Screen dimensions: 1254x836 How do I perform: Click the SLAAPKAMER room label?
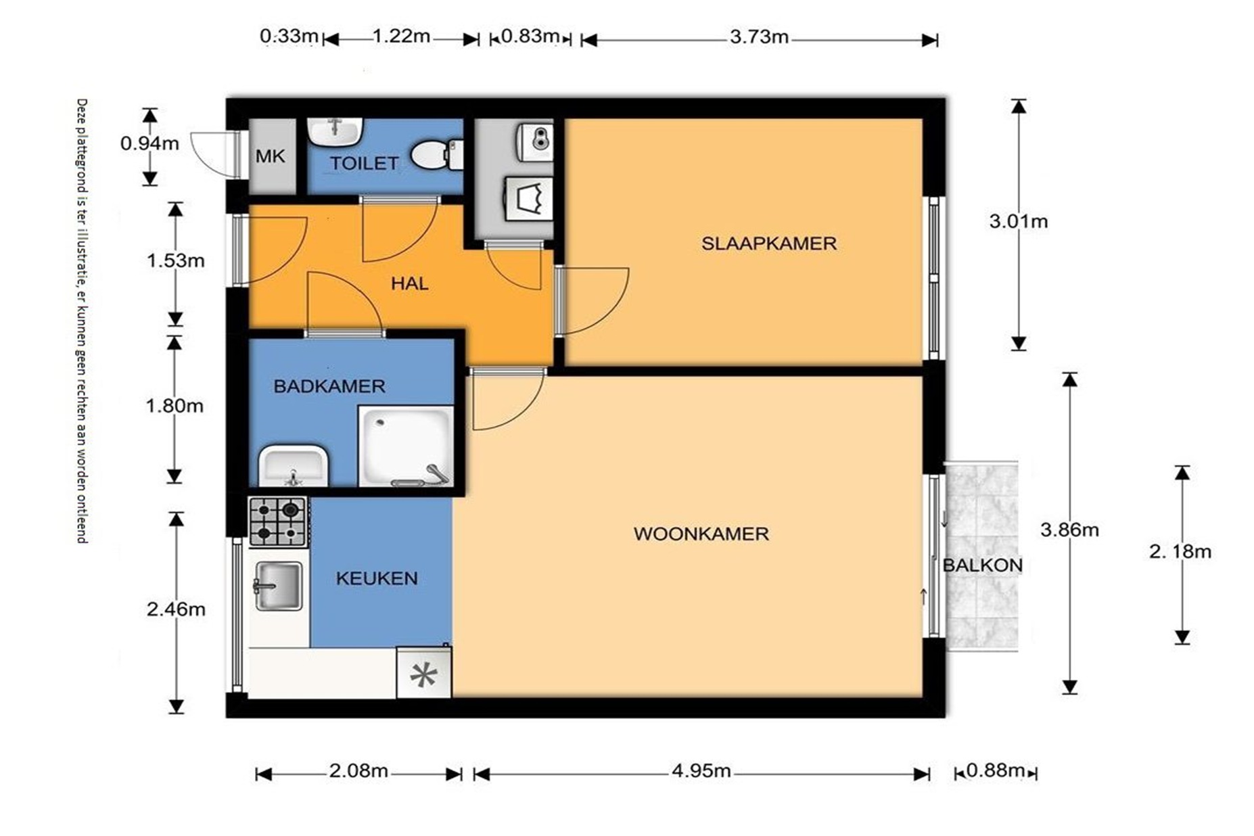point(768,243)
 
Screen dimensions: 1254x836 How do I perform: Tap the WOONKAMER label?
point(701,534)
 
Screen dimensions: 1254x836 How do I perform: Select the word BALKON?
point(982,565)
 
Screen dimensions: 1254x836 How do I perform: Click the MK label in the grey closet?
point(270,156)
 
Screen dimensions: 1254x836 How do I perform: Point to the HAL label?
point(409,283)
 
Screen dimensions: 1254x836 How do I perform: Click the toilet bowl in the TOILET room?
point(437,155)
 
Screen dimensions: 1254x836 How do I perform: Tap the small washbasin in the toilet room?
point(335,131)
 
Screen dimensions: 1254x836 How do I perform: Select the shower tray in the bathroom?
point(405,446)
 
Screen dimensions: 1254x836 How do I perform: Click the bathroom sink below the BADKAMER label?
point(294,465)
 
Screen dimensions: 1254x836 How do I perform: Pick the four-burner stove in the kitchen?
point(279,521)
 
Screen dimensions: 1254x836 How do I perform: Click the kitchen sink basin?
point(278,585)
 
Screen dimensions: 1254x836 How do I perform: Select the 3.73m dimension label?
point(759,37)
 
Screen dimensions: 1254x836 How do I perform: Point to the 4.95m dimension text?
point(701,771)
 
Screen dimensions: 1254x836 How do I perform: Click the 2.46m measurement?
point(176,609)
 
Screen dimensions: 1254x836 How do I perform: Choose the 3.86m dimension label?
point(1069,530)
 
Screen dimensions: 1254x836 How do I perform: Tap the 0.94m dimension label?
point(149,143)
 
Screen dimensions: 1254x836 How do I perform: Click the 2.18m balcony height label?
point(1180,551)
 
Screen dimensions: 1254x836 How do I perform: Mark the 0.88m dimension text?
point(995,770)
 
